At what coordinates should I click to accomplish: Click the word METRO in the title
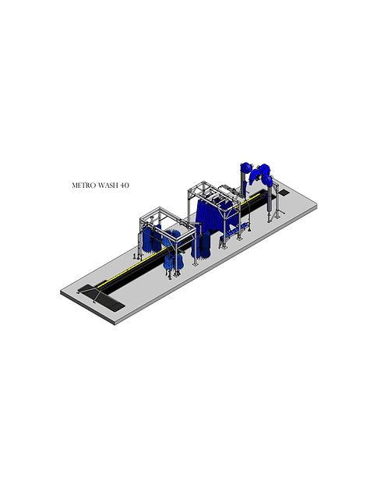85,186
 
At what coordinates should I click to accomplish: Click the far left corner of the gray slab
62,292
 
